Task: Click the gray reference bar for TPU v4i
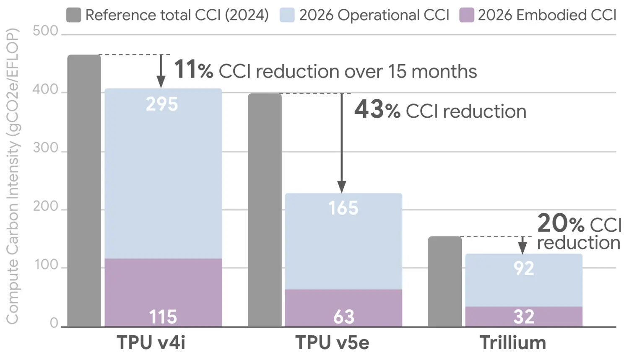click(x=84, y=191)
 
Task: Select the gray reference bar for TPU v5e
click(x=265, y=210)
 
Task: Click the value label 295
click(x=162, y=104)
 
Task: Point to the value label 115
click(x=163, y=317)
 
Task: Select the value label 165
click(x=343, y=208)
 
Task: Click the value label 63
click(x=344, y=317)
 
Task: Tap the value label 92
click(x=524, y=268)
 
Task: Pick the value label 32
click(x=524, y=317)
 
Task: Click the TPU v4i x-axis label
click(x=151, y=342)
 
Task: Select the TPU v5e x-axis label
click(x=332, y=342)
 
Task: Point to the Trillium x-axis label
click(x=513, y=342)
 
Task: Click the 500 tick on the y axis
click(x=45, y=31)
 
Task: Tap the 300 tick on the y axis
click(x=45, y=148)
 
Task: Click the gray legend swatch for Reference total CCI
click(x=73, y=15)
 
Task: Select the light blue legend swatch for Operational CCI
click(x=287, y=15)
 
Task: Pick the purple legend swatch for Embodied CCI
click(x=466, y=15)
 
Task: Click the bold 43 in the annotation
click(x=369, y=110)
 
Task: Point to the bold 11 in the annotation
click(x=185, y=69)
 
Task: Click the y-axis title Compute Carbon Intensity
click(x=13, y=176)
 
